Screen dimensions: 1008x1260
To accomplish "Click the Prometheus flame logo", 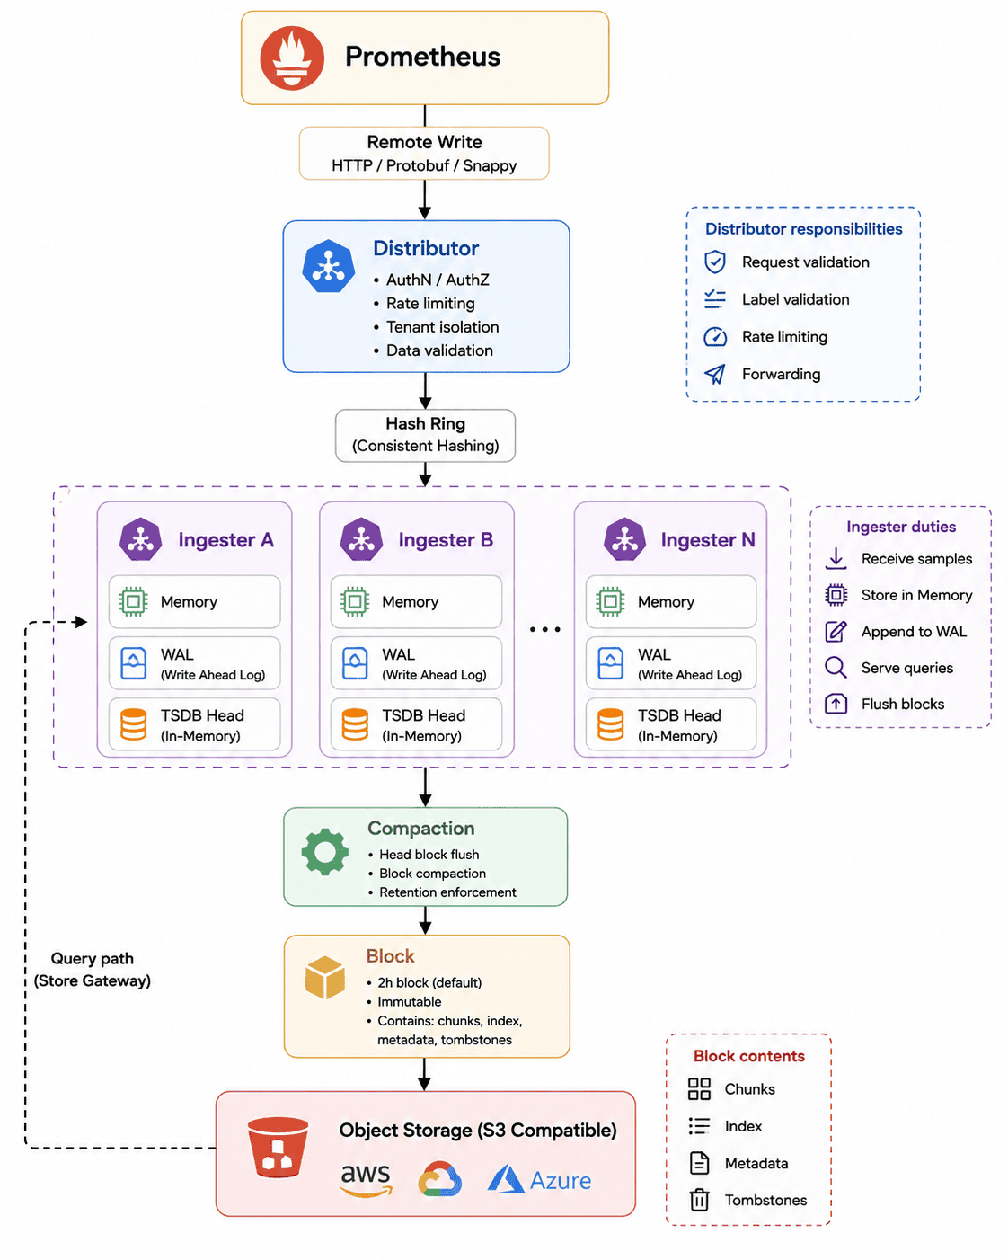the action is tap(291, 58).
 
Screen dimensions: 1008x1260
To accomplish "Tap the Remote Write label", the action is tap(424, 142).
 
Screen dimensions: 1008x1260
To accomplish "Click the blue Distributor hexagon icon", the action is tap(329, 266).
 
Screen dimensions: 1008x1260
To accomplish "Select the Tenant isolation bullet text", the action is tap(443, 327).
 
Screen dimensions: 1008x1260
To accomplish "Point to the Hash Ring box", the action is tap(425, 435).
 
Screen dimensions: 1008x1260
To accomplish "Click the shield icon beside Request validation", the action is tap(715, 262).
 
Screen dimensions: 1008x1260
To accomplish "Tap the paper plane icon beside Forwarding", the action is tap(715, 374).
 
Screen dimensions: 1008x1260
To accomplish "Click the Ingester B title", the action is tap(446, 540).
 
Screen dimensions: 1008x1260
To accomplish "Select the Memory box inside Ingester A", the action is tap(194, 601).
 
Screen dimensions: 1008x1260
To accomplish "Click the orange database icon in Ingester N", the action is tap(611, 724).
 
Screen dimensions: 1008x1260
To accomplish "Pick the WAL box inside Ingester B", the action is tap(416, 662).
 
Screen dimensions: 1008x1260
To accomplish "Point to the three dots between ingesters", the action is tap(545, 629).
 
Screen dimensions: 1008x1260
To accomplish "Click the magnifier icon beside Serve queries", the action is tap(836, 668).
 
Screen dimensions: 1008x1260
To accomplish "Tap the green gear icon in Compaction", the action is tap(325, 852).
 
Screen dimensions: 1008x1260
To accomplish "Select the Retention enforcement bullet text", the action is tap(447, 892).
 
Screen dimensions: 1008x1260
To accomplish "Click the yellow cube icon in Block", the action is tap(325, 977).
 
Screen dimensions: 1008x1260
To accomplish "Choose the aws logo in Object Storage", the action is tap(366, 1179).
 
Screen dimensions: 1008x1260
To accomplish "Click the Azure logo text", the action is tap(561, 1180).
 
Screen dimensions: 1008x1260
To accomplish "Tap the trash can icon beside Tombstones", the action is tap(699, 1200).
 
